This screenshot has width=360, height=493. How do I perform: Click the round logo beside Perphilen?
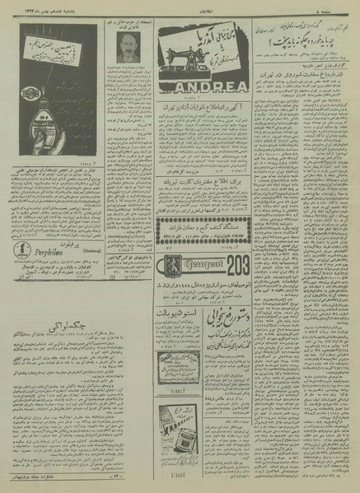(21, 252)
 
